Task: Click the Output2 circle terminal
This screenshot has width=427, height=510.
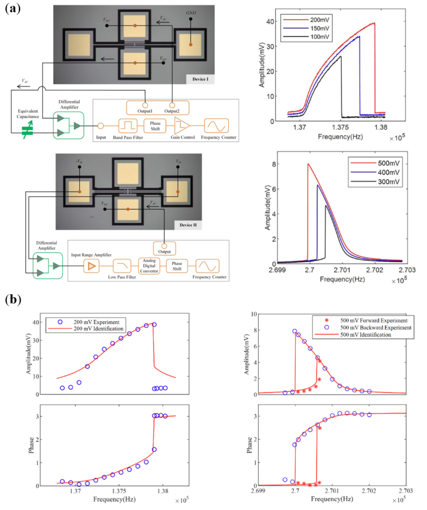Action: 172,105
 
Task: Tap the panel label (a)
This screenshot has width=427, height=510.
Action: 13,8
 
